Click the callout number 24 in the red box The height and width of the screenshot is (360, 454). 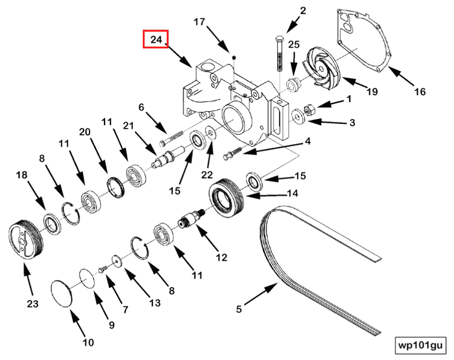click(x=156, y=40)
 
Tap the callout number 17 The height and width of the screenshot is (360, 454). click(x=199, y=23)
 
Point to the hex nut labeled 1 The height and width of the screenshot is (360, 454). click(x=309, y=109)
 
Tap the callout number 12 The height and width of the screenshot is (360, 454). click(x=222, y=258)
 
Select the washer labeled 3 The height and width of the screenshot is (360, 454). click(x=297, y=117)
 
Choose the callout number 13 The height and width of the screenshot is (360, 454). click(x=155, y=303)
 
